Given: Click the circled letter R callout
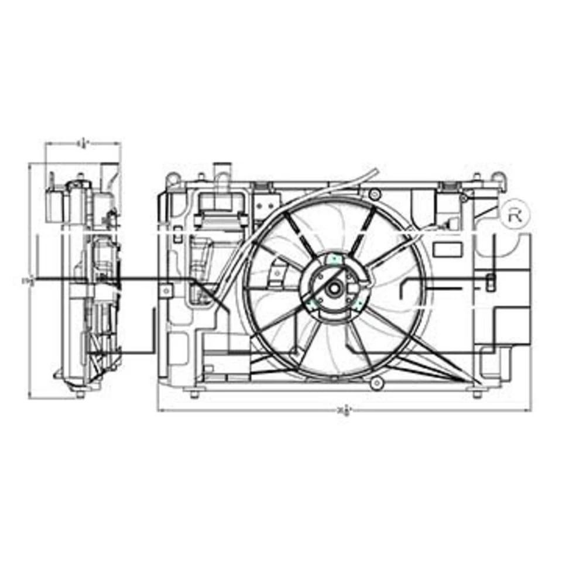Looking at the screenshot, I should pos(516,214).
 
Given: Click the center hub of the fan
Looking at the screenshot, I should pos(334,288).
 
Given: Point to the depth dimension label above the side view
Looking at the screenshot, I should pos(83,142).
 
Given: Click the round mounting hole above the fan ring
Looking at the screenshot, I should pos(375,193).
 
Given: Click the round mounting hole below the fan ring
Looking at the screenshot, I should pos(377,383).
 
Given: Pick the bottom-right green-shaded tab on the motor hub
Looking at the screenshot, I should pos(356,304).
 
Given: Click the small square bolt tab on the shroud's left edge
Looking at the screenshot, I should pos(166,290).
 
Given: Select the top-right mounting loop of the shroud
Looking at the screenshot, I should pos(497,176).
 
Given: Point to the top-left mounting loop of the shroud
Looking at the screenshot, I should pos(172,177).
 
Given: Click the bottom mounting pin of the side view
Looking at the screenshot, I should pos(78,393).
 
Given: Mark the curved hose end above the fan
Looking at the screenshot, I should pos(372,171).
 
